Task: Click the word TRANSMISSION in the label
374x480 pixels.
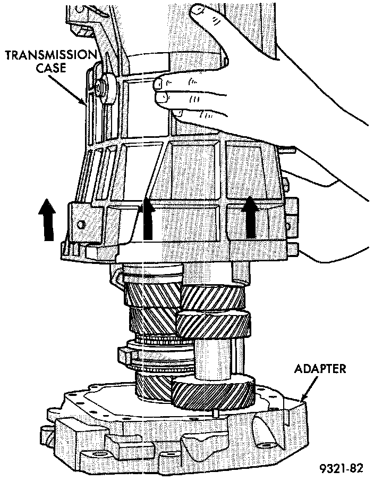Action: pos(52,55)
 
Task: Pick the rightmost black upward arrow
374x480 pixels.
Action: pos(249,218)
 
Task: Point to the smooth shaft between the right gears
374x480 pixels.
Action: pos(212,359)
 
